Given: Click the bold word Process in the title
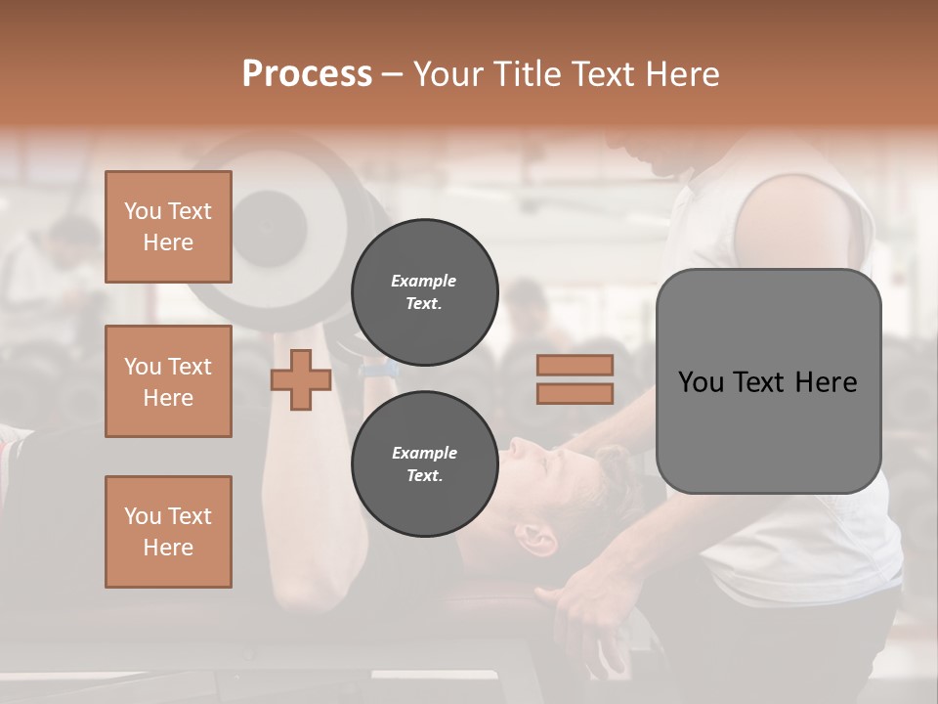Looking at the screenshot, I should click(x=307, y=74).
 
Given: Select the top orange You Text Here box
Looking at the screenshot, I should click(x=168, y=227).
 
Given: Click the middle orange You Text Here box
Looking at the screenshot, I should click(x=168, y=381).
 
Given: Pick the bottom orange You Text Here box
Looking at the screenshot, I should click(x=168, y=532).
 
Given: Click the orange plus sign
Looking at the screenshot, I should click(x=301, y=379).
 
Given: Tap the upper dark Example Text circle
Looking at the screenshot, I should click(x=424, y=292).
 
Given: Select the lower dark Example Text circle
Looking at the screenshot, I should click(x=424, y=464).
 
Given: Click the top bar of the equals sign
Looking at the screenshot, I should click(x=575, y=365).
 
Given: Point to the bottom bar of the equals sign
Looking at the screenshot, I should click(x=575, y=393).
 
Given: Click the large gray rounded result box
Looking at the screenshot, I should click(x=768, y=430).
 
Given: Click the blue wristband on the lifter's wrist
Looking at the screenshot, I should click(x=377, y=371).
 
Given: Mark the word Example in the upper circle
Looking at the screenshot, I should click(x=423, y=282).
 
